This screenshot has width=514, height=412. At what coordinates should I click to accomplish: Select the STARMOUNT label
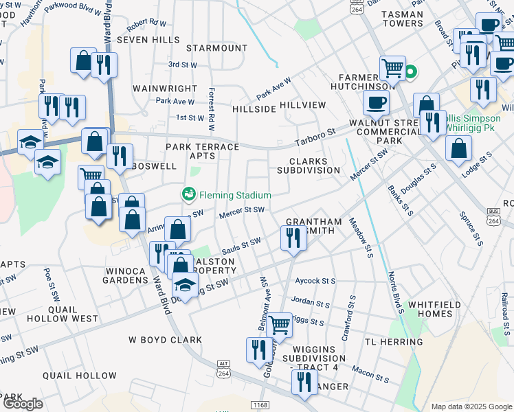[216, 48]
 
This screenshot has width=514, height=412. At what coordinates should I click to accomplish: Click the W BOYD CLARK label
[165, 340]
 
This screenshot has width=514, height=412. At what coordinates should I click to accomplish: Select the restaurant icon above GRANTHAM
[293, 238]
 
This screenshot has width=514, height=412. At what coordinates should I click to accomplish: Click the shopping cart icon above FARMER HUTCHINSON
[392, 67]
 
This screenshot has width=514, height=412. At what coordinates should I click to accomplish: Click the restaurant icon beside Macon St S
[304, 381]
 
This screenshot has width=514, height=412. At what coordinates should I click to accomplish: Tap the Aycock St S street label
[315, 281]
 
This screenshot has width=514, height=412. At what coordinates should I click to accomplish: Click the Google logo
[23, 404]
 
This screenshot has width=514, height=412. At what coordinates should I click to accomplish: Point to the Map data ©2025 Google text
[471, 407]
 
